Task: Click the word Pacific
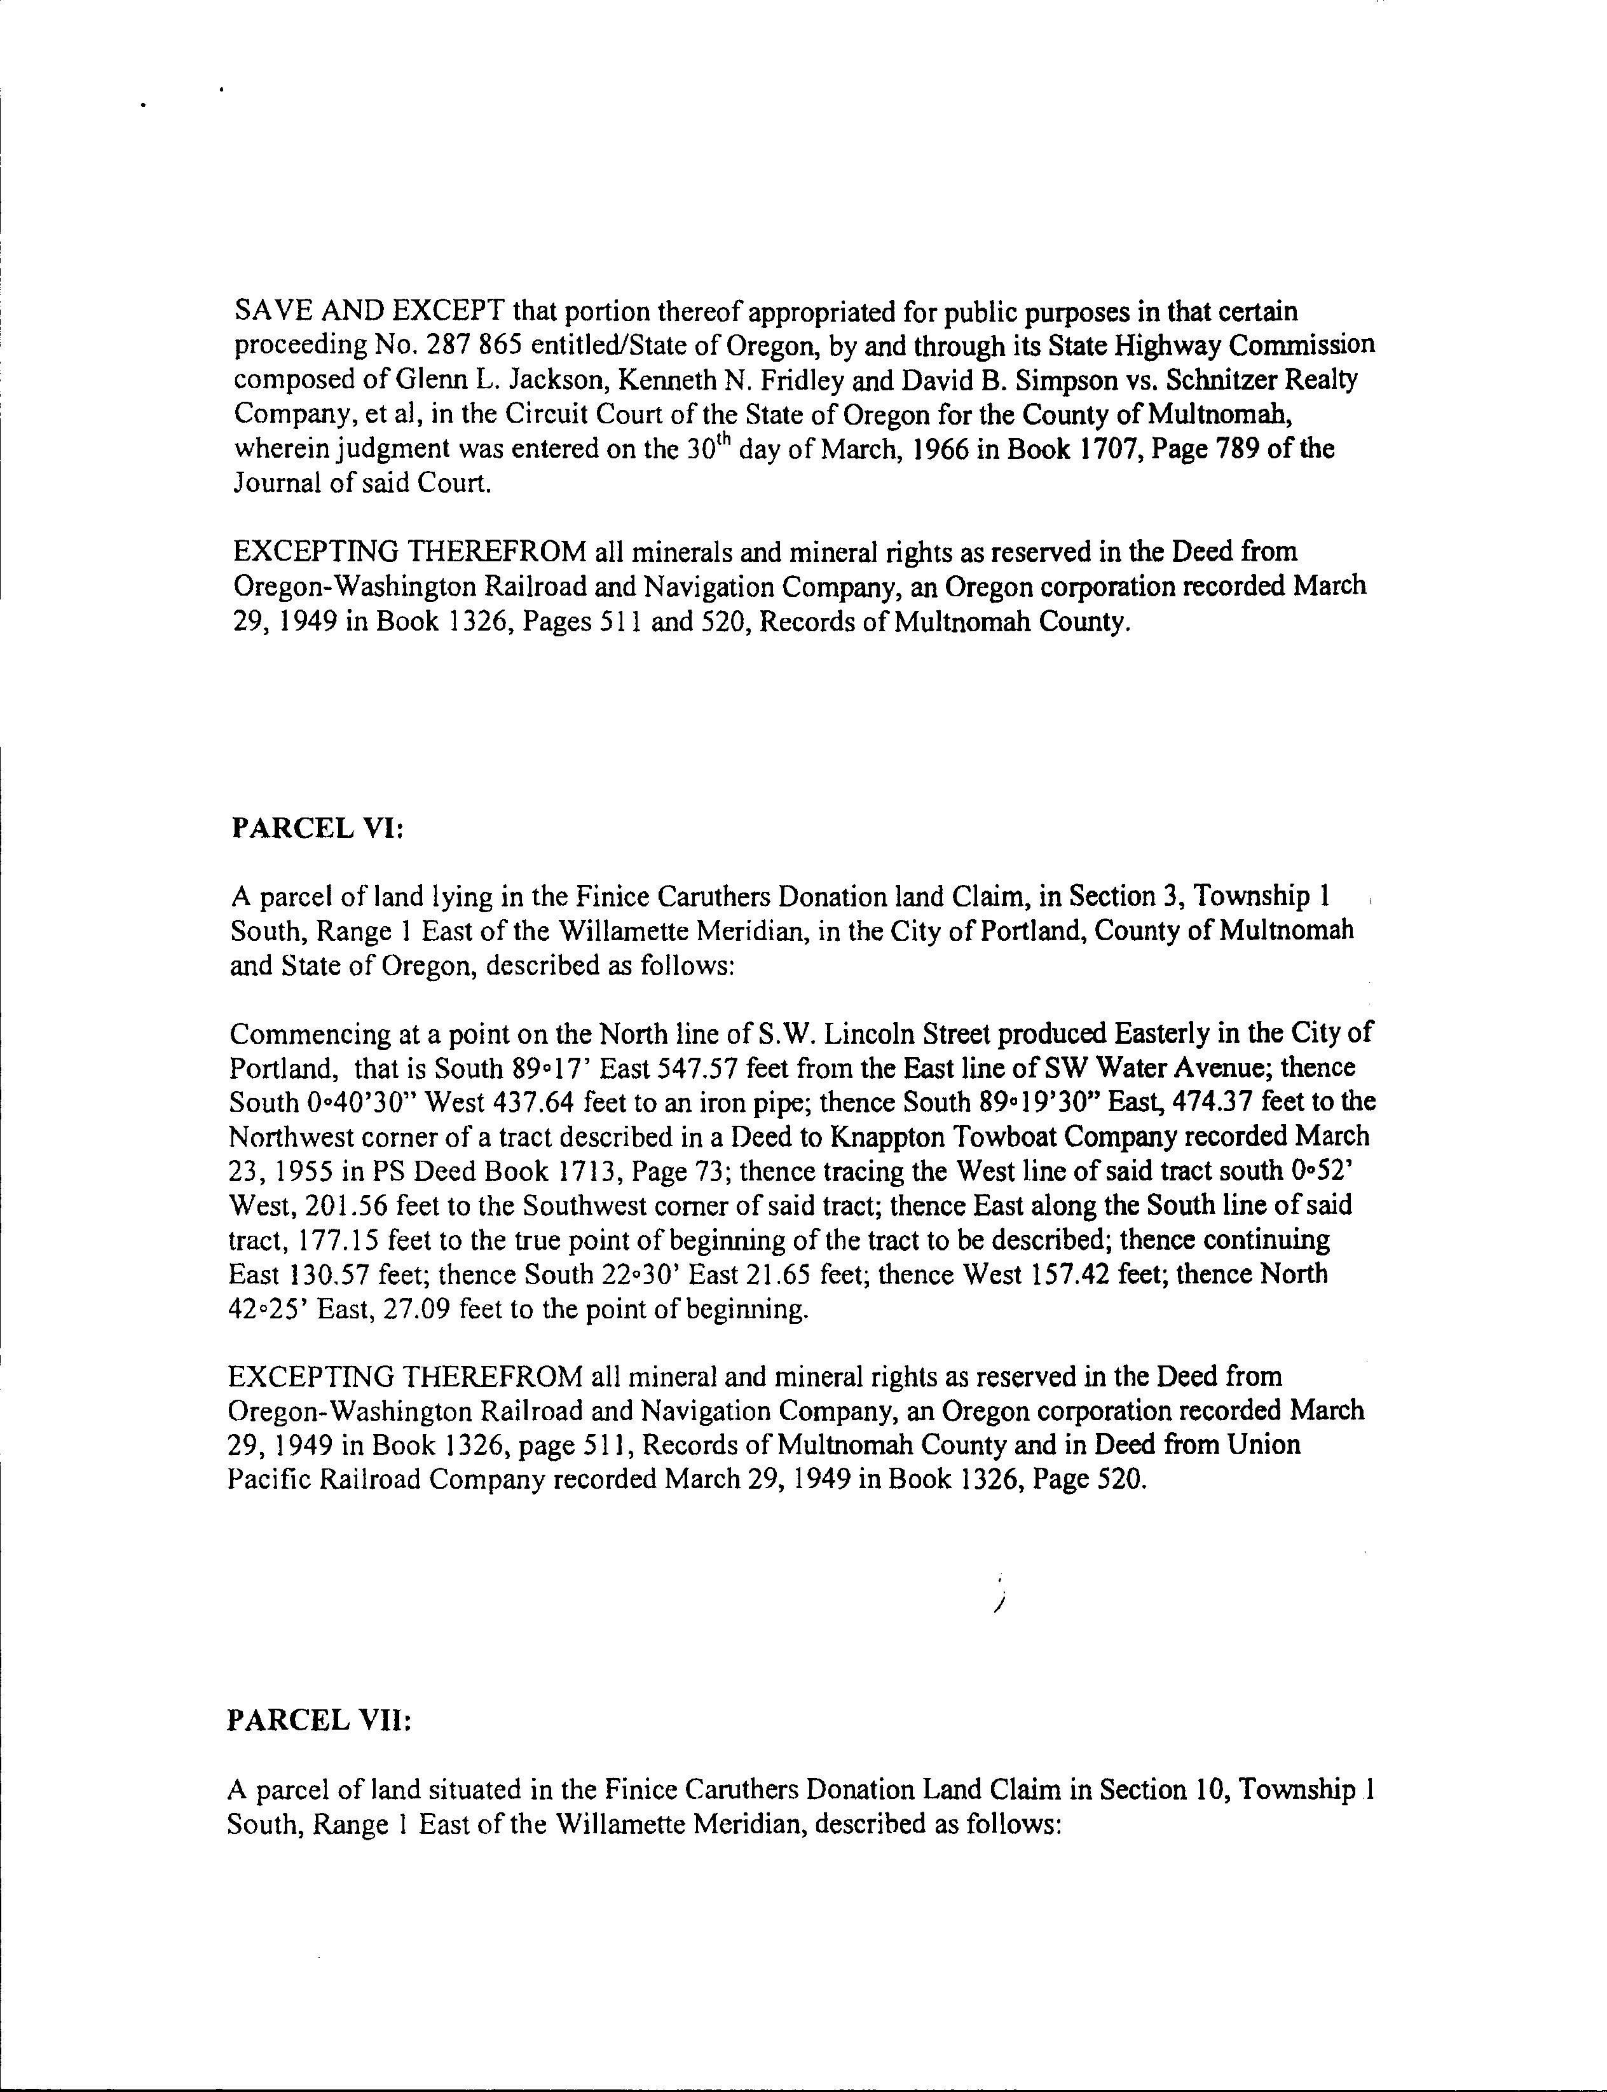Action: [269, 1480]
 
